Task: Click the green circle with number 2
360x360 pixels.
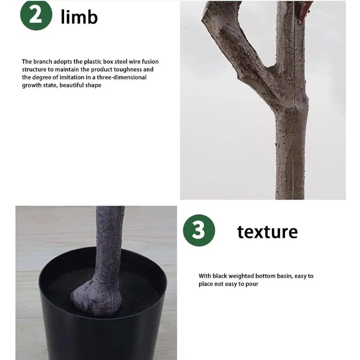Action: (x=36, y=15)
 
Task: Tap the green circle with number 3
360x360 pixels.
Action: (x=199, y=230)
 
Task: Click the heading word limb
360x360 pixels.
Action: (x=79, y=17)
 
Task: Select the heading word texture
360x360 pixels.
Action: (x=268, y=232)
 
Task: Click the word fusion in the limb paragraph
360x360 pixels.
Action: (x=150, y=62)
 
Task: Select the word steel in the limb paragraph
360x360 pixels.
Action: (x=121, y=62)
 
